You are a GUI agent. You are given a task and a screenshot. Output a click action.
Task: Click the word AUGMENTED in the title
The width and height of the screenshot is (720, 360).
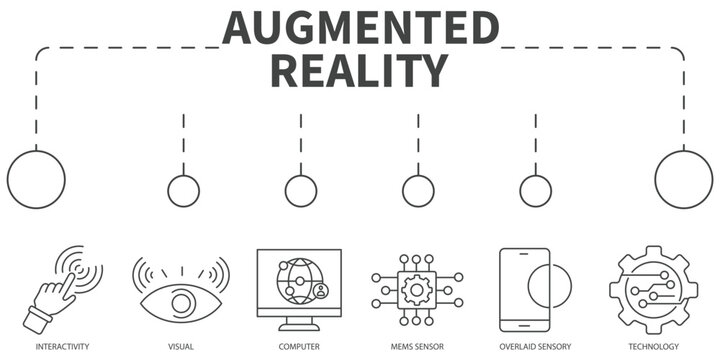360,29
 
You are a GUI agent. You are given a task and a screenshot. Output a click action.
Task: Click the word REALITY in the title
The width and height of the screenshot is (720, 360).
360,71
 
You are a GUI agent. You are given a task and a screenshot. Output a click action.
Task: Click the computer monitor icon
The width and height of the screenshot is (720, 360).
299,288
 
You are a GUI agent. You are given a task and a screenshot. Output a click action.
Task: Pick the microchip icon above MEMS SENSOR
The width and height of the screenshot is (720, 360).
418,291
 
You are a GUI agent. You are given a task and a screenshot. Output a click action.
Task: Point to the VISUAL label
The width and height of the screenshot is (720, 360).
181,346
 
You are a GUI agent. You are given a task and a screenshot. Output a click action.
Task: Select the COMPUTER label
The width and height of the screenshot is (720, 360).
299,346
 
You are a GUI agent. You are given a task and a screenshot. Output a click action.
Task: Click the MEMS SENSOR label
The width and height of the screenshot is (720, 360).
418,346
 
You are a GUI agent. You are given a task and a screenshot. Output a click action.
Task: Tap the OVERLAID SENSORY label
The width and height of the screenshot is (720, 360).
535,346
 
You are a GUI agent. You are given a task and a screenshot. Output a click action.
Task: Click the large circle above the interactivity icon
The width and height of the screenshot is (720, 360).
36,179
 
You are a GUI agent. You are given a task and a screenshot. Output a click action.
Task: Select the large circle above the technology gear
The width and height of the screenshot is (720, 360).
684,179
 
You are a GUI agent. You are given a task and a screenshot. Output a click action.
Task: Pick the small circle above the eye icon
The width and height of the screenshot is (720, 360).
183,190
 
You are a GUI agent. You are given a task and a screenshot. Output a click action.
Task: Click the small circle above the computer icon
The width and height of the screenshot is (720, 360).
301,190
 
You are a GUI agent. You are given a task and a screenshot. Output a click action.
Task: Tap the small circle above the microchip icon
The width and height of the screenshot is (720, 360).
418,190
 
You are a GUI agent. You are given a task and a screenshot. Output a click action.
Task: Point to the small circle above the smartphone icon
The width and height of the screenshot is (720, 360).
535,190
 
